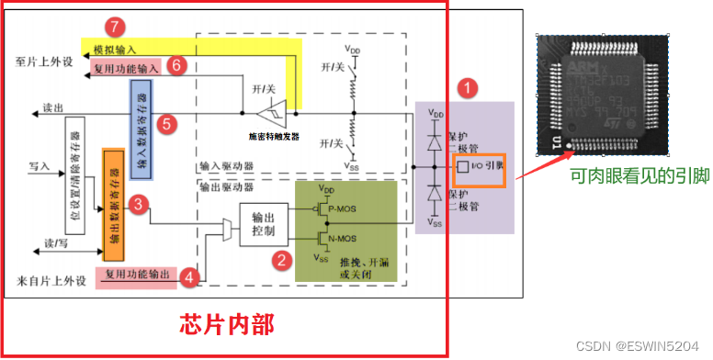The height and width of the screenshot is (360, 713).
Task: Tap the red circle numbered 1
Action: [469, 89]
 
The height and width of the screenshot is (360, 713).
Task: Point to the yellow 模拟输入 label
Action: [116, 47]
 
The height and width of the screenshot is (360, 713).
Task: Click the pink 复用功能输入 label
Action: [126, 67]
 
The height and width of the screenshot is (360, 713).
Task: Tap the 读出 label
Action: [54, 108]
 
